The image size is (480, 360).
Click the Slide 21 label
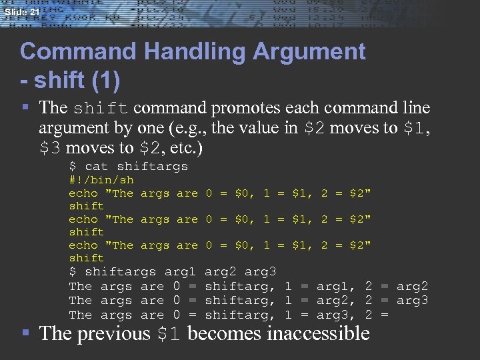tap(21, 13)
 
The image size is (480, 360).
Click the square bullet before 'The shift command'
tap(25, 107)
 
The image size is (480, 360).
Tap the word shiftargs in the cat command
tap(152, 167)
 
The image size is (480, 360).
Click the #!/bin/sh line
tap(101, 180)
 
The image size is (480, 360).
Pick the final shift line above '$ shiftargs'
tap(86, 258)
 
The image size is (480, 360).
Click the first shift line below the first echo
tap(86, 206)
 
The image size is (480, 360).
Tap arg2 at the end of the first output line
tap(412, 287)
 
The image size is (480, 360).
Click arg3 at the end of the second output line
tap(412, 301)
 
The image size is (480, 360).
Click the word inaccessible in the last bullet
tap(318, 333)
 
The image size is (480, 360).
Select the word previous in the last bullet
tap(113, 333)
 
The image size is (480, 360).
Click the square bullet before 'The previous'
tap(25, 333)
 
